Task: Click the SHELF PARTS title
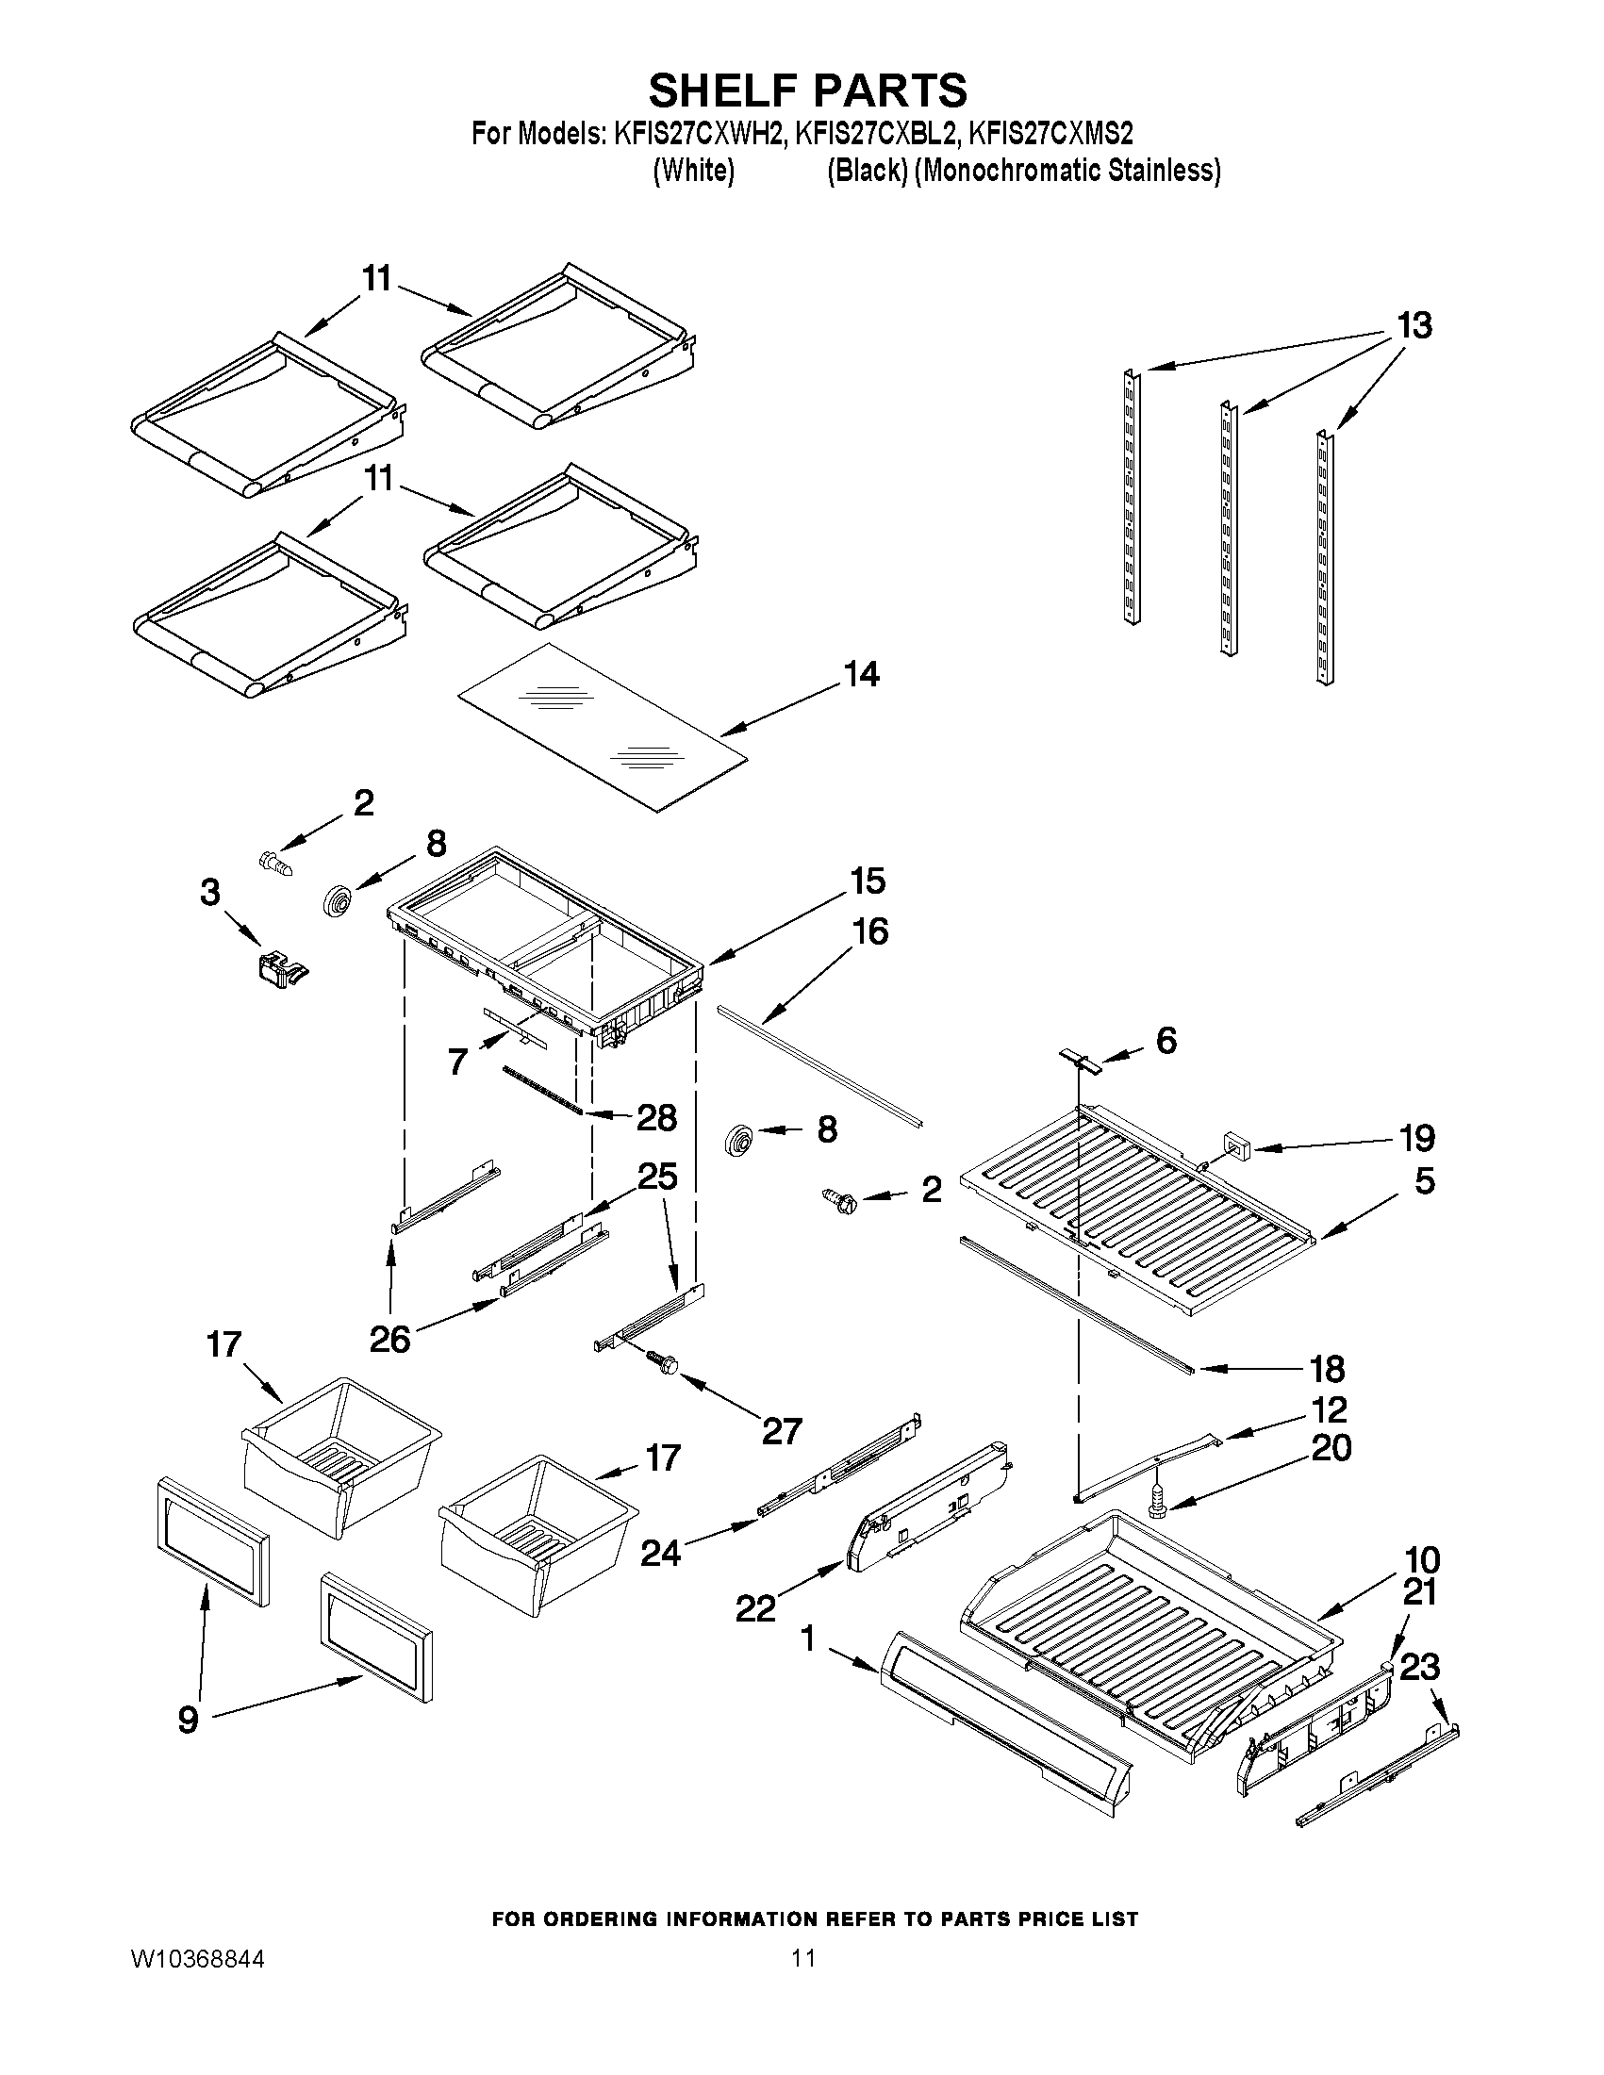pyautogui.click(x=807, y=91)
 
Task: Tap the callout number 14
pyautogui.click(x=862, y=675)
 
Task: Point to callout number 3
pyautogui.click(x=210, y=892)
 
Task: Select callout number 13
pyautogui.click(x=1414, y=326)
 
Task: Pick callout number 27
pyautogui.click(x=781, y=1431)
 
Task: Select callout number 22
pyautogui.click(x=755, y=1608)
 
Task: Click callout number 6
pyautogui.click(x=1165, y=1041)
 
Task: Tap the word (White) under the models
pyautogui.click(x=694, y=171)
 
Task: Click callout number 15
pyautogui.click(x=868, y=881)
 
